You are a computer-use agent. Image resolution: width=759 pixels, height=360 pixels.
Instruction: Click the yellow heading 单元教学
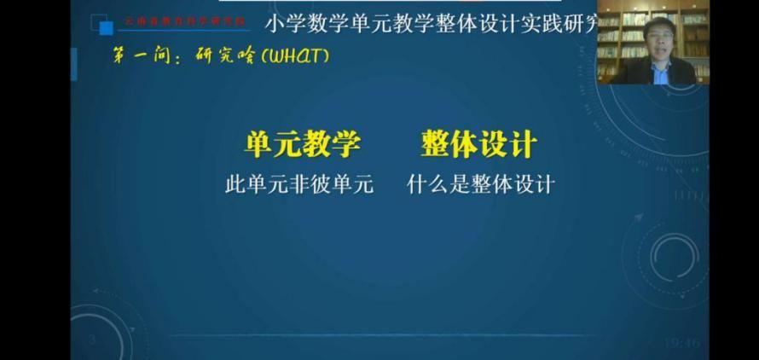[x=302, y=144]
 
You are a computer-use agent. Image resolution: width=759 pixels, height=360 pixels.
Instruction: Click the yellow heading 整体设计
[x=478, y=144]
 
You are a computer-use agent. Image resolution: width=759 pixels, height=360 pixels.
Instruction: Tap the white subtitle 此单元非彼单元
[x=299, y=184]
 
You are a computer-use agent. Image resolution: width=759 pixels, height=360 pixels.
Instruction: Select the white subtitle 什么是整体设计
[x=481, y=184]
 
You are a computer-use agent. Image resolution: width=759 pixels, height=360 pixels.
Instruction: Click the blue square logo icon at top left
[x=107, y=28]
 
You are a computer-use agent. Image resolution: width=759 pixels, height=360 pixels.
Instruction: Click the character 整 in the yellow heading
[x=435, y=144]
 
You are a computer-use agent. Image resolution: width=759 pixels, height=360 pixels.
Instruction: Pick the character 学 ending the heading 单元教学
[x=345, y=144]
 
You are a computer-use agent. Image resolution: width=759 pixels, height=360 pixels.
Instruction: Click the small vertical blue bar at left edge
[x=74, y=65]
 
